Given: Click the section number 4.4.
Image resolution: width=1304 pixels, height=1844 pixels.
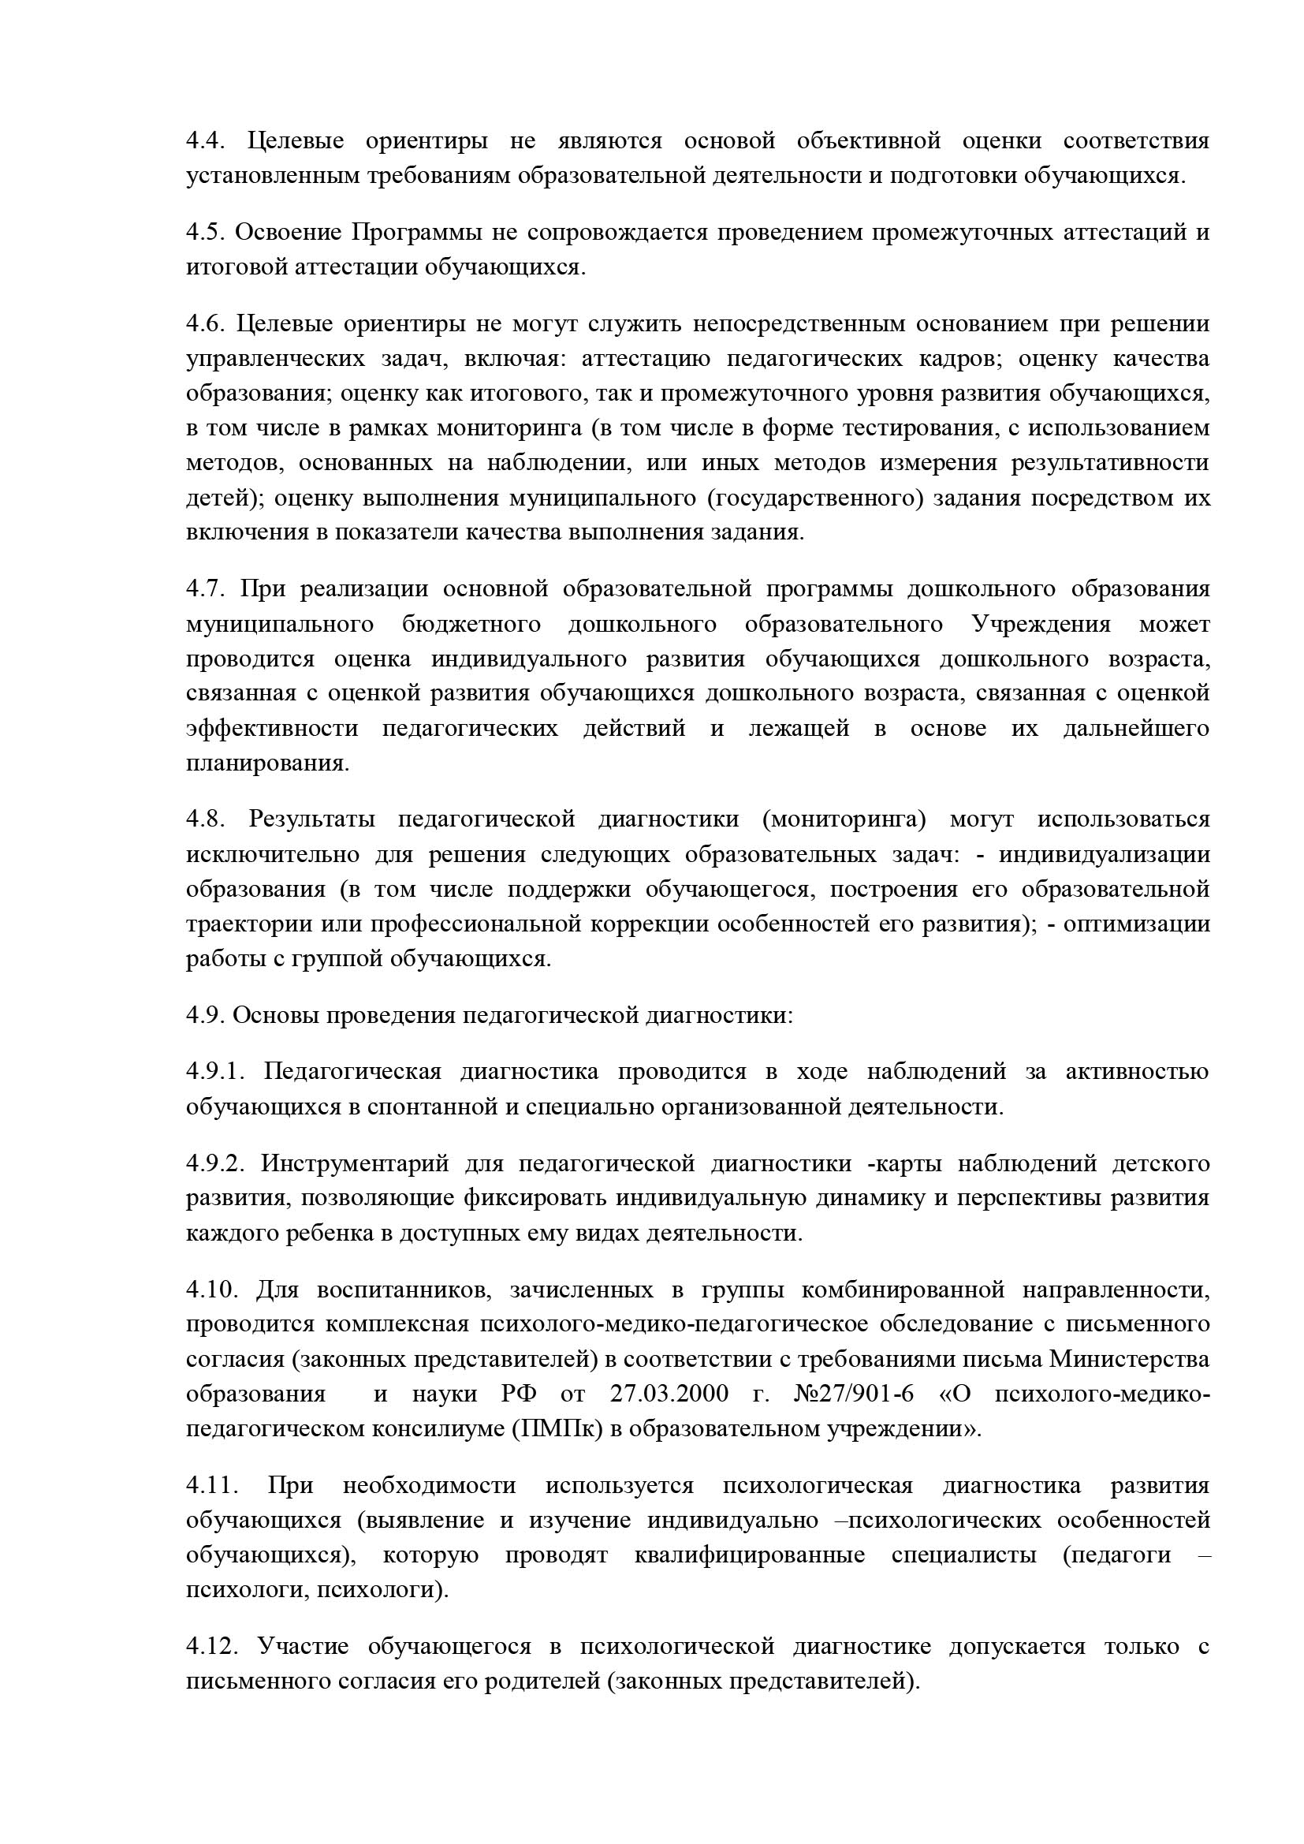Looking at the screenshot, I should point(206,141).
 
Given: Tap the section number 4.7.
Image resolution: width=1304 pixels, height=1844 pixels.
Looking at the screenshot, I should point(206,588).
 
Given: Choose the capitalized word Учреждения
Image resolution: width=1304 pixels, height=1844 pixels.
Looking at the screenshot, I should point(1041,624).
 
